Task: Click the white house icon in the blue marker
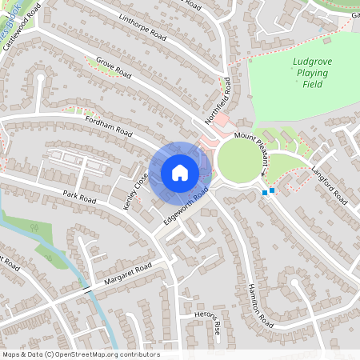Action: click(179, 173)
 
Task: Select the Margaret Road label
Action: click(127, 274)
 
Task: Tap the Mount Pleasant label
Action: click(255, 150)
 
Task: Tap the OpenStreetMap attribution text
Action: click(81, 354)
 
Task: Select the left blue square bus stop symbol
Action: click(265, 192)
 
